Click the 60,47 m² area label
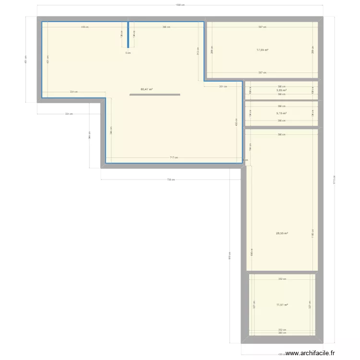[146, 89]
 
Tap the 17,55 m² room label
[262, 50]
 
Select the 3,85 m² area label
[281, 90]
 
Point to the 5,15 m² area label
[281, 113]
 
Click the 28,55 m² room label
[282, 234]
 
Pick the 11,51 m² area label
[282, 304]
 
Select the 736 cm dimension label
[171, 180]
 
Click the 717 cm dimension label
[174, 157]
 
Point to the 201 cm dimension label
[223, 87]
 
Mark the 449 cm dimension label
[84, 27]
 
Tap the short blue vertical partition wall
[128, 35]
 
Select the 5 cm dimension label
[128, 53]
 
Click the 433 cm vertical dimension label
[236, 122]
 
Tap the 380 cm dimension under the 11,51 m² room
[282, 333]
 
